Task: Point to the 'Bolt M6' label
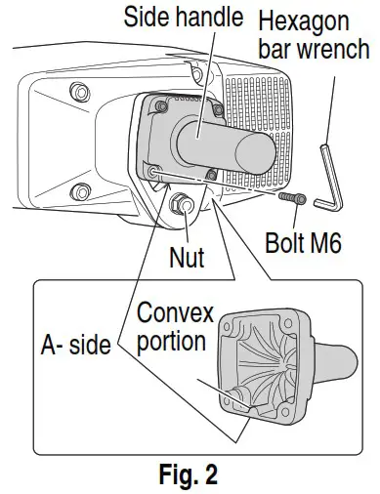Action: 302,241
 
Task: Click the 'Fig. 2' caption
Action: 190,475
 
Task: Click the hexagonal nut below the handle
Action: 181,204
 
